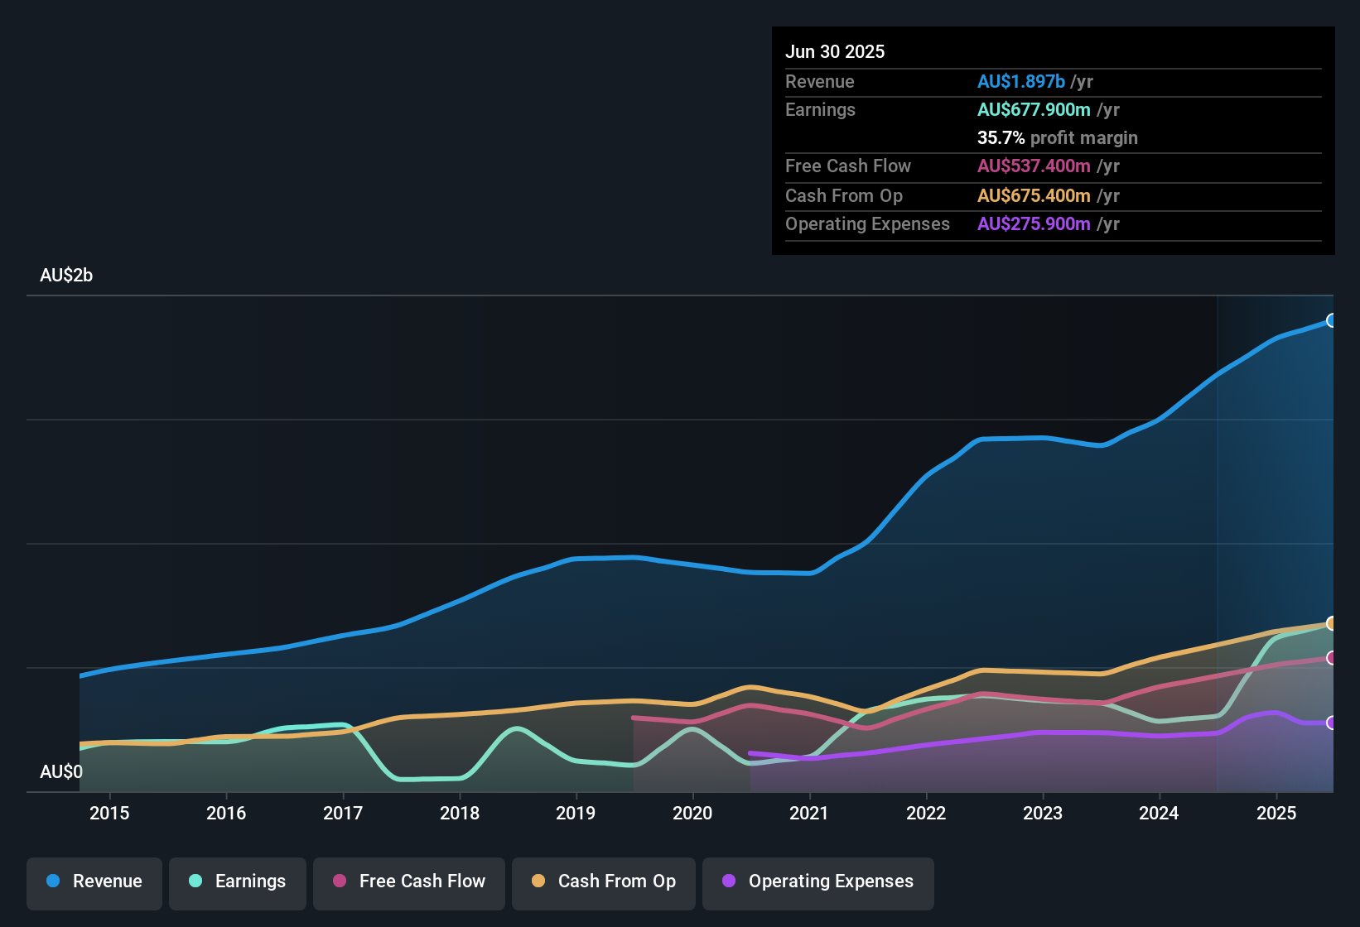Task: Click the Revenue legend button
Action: pos(94,881)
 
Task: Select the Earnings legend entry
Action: pos(238,881)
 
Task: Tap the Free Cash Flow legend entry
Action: pos(409,881)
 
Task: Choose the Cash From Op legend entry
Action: pos(604,881)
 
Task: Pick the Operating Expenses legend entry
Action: pos(818,881)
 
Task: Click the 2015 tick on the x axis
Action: pos(109,813)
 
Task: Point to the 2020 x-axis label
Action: pos(692,813)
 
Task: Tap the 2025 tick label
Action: pos(1276,813)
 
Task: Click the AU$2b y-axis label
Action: pos(66,276)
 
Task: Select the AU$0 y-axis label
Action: pos(61,772)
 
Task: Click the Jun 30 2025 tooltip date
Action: pos(835,52)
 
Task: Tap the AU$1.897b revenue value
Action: pos(1020,82)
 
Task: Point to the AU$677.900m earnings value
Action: pos(1034,110)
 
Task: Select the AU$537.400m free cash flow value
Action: pos(1034,166)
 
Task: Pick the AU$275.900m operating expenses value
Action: pos(1034,224)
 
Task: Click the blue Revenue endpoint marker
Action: pos(1331,320)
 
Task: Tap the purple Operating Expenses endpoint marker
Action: pos(1331,723)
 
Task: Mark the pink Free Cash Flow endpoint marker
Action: pos(1331,658)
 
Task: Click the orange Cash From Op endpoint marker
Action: pos(1331,623)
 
